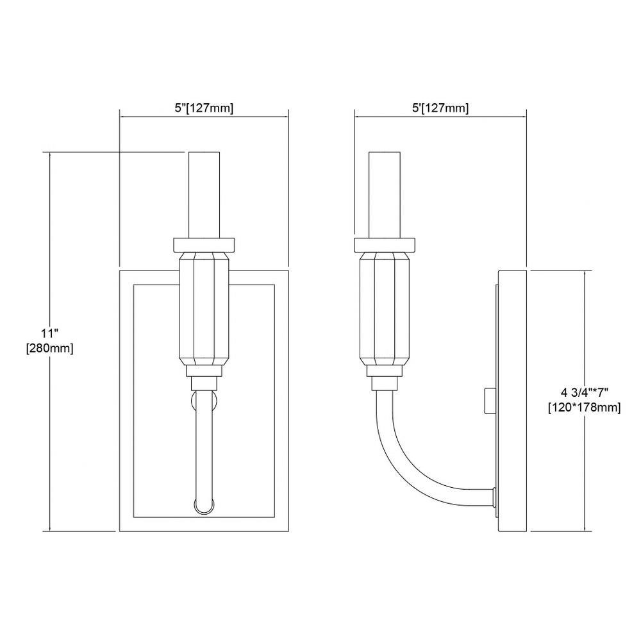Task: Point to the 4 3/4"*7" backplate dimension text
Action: click(x=585, y=392)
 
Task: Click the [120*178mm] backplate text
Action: click(x=585, y=408)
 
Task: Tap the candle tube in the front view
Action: click(x=204, y=195)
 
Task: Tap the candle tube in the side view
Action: click(x=384, y=195)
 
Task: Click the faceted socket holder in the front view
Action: click(x=204, y=309)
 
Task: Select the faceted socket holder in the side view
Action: click(x=384, y=309)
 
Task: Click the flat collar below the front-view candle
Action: click(x=204, y=245)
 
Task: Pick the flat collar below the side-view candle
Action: click(x=384, y=245)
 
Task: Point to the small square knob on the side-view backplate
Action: click(x=489, y=401)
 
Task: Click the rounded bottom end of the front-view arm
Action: click(x=204, y=507)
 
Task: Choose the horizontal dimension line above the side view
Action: click(x=440, y=117)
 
